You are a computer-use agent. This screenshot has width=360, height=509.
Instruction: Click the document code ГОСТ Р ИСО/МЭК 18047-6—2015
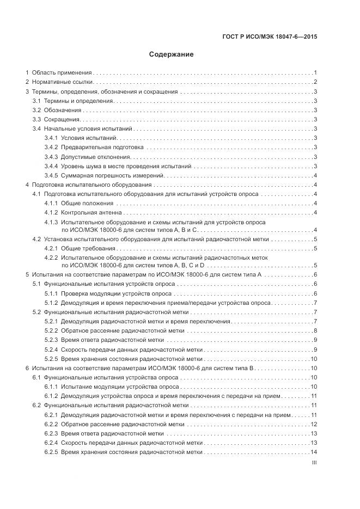coord(270,37)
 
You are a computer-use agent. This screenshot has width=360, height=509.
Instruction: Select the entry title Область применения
coord(62,72)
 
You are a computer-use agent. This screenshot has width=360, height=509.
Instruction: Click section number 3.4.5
coord(51,175)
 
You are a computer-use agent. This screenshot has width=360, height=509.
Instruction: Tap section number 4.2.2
coord(51,257)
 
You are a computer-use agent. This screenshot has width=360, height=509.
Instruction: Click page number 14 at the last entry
coord(314,452)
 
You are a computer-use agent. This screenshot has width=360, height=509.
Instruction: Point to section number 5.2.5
coord(51,359)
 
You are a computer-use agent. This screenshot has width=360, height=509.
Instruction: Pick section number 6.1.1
coord(51,387)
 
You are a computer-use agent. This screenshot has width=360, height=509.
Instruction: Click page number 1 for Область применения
coord(315,72)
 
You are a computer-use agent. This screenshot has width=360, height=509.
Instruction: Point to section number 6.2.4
coord(51,443)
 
